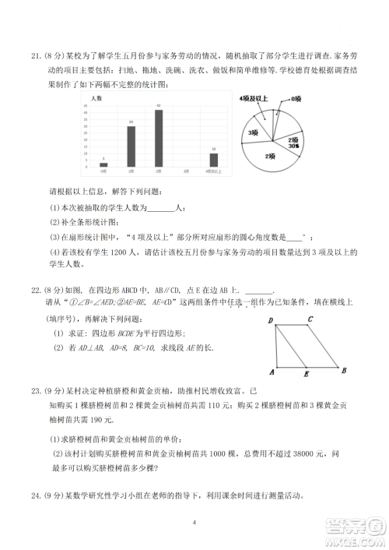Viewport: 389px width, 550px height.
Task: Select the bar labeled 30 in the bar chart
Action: (x=131, y=146)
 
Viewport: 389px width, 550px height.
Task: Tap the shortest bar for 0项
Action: (x=103, y=164)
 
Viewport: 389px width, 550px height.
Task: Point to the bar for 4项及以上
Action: (x=213, y=160)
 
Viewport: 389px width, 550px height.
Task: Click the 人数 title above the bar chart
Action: (x=96, y=99)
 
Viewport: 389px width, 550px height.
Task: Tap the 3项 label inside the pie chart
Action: (x=253, y=133)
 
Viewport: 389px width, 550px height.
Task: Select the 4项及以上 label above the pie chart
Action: (x=253, y=99)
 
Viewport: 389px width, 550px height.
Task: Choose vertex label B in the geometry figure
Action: (x=345, y=371)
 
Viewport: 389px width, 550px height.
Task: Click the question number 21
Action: (x=36, y=55)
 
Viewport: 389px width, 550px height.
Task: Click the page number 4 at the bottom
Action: (x=194, y=522)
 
